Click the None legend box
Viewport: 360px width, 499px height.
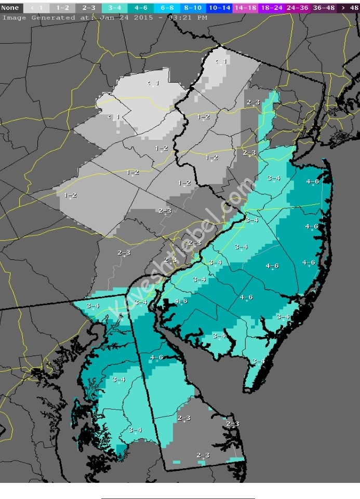tap(10, 8)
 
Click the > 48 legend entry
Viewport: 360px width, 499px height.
tap(348, 8)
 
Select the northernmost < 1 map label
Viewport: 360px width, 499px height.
tap(221, 62)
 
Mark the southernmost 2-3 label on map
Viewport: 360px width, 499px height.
tap(203, 455)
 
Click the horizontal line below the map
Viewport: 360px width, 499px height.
tap(178, 498)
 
